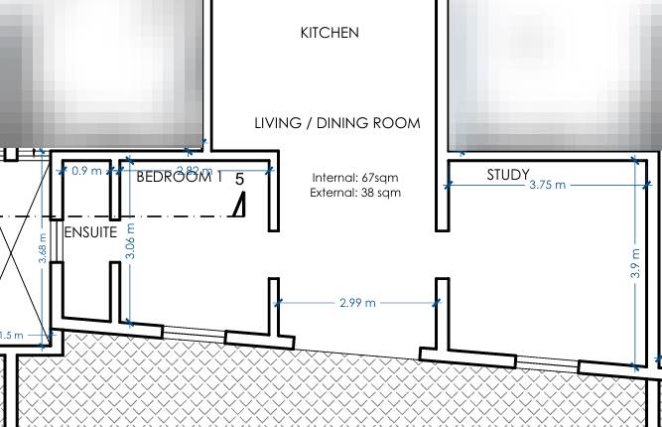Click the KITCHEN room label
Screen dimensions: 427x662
pyautogui.click(x=330, y=34)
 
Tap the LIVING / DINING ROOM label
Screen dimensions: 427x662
pyautogui.click(x=337, y=123)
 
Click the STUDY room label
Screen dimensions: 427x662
pyautogui.click(x=507, y=175)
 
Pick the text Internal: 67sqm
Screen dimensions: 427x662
pyautogui.click(x=355, y=179)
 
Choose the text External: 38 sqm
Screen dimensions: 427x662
pyautogui.click(x=355, y=194)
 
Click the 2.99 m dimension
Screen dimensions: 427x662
pyautogui.click(x=356, y=302)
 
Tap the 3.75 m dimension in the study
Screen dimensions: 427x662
pyautogui.click(x=547, y=185)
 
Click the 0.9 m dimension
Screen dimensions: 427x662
pyautogui.click(x=86, y=171)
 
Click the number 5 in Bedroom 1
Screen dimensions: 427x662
pyautogui.click(x=239, y=180)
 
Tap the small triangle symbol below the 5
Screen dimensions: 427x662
pyautogui.click(x=238, y=206)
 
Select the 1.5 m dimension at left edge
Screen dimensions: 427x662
pyautogui.click(x=11, y=336)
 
